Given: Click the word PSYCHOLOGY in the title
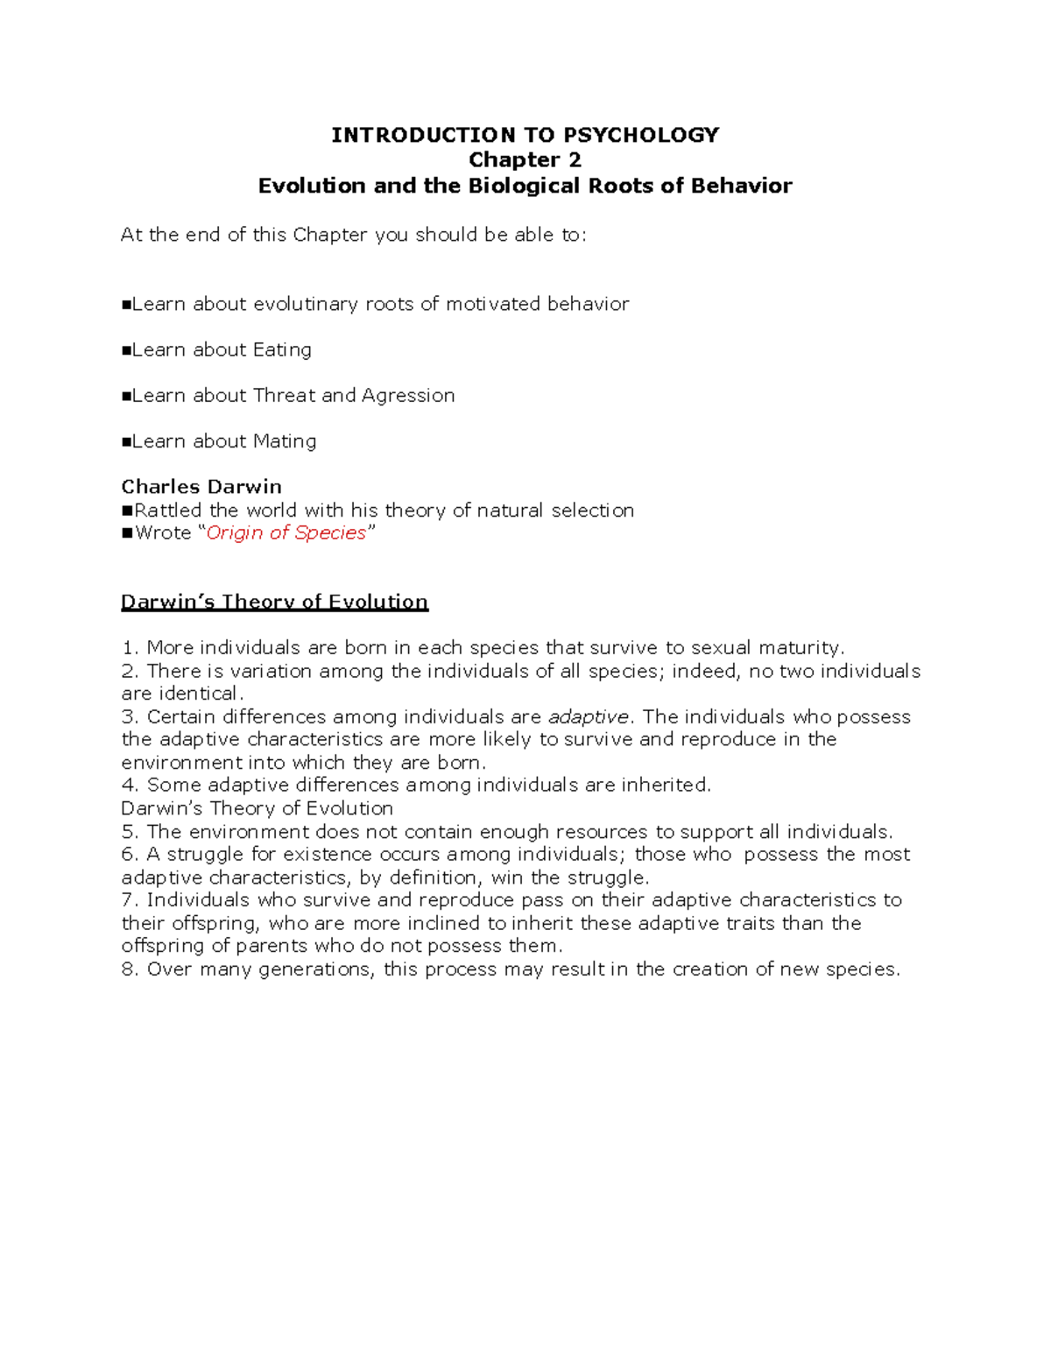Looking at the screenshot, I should coord(641,135).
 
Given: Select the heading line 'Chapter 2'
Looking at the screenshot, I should coord(525,160).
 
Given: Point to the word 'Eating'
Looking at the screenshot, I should coord(282,349).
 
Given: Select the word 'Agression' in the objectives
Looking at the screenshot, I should coord(408,396).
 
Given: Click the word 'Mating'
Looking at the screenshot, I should coord(285,441).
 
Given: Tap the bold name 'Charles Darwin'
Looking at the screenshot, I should coord(201,487).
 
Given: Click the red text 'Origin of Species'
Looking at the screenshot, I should coord(286,533).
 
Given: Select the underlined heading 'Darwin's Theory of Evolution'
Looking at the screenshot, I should coord(274,602).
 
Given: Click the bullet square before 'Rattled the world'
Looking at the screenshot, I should coord(127,511).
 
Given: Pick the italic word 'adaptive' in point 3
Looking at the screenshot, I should coord(588,717).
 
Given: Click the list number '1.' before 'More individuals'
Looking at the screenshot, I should coord(130,648).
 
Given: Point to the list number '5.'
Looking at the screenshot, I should coord(130,832).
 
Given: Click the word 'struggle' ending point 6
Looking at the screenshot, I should coord(606,877).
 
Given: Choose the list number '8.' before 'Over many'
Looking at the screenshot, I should coord(130,969).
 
